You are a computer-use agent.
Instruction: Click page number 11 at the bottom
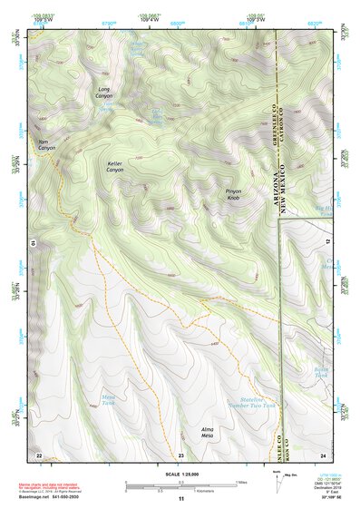[180, 499]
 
